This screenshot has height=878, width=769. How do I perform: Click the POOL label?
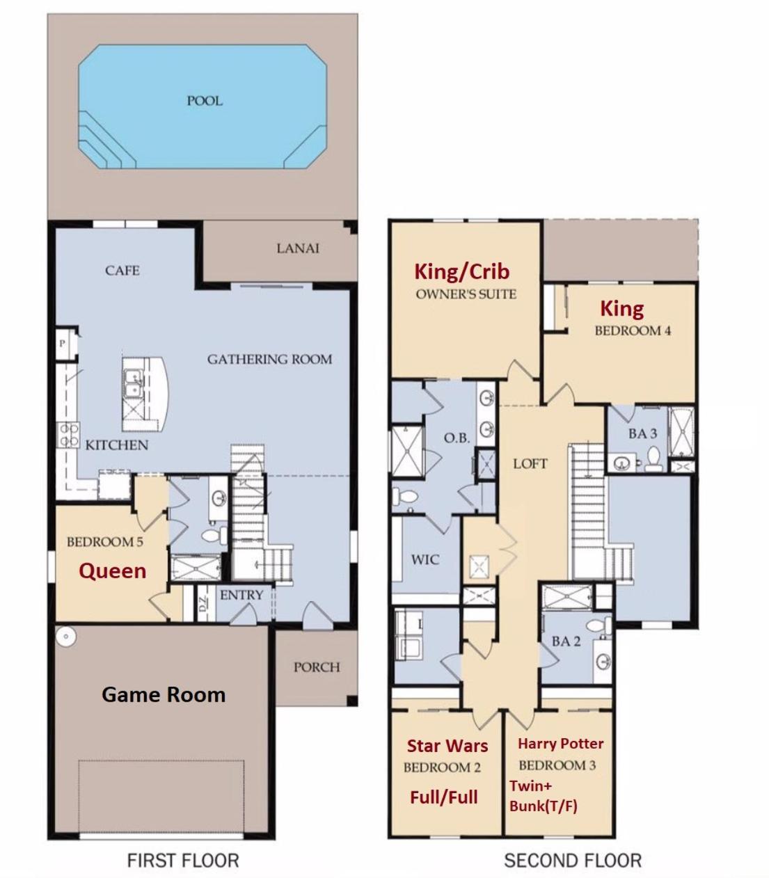pyautogui.click(x=205, y=101)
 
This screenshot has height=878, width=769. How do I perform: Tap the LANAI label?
pyautogui.click(x=298, y=248)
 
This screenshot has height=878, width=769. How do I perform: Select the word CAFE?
pyautogui.click(x=122, y=271)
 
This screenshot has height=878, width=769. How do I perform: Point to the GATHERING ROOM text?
pyautogui.click(x=269, y=359)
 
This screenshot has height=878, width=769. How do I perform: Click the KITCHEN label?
pyautogui.click(x=117, y=445)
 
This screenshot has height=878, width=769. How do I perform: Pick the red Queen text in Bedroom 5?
pyautogui.click(x=113, y=571)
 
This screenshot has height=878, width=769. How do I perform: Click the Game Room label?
pyautogui.click(x=164, y=694)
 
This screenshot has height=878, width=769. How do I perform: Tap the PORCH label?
pyautogui.click(x=317, y=667)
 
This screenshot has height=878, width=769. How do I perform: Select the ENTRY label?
pyautogui.click(x=241, y=595)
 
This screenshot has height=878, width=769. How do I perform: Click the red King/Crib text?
pyautogui.click(x=462, y=271)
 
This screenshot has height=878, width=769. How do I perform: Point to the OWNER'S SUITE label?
pyautogui.click(x=466, y=294)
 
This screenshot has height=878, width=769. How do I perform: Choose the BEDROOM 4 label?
pyautogui.click(x=633, y=330)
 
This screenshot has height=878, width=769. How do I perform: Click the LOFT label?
pyautogui.click(x=530, y=463)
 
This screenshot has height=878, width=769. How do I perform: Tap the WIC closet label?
pyautogui.click(x=425, y=559)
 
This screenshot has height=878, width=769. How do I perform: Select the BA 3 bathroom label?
pyautogui.click(x=643, y=433)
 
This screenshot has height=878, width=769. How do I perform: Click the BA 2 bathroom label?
pyautogui.click(x=566, y=641)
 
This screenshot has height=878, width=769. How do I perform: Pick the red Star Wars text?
pyautogui.click(x=447, y=746)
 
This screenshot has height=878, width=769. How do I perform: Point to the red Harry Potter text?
pyautogui.click(x=561, y=743)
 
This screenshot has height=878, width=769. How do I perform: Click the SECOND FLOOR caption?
pyautogui.click(x=573, y=861)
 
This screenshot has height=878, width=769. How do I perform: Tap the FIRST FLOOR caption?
pyautogui.click(x=183, y=861)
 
